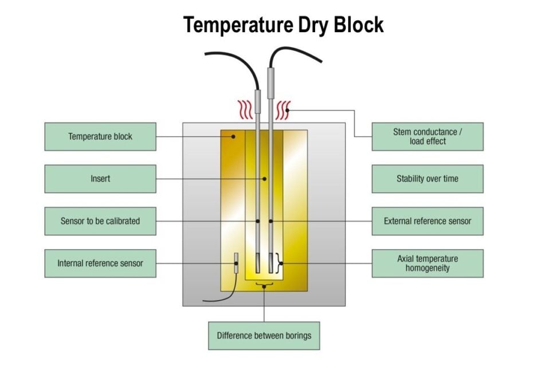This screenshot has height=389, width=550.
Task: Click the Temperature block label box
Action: coord(100,136)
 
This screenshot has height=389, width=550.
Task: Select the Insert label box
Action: coord(100,179)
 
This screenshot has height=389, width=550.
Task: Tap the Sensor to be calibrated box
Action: coord(100,221)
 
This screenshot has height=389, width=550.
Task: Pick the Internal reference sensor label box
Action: coord(100,264)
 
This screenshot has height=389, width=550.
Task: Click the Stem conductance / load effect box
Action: coord(427,136)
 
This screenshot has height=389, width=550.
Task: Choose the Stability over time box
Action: coord(427,179)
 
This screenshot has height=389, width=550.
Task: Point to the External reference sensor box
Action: coord(427,221)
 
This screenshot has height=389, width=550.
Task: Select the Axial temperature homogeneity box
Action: coord(427,264)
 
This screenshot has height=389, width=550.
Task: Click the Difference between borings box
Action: coord(264,336)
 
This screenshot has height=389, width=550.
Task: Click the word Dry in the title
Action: coord(313,25)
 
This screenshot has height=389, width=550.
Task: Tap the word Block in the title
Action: coord(359,25)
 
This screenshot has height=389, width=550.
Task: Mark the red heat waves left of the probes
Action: coord(245,110)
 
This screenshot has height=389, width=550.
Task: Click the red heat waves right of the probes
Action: coord(283,110)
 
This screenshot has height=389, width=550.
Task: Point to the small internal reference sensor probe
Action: coord(236,263)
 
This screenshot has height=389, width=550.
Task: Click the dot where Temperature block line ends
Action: coord(233,136)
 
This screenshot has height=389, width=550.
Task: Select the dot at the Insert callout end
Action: coord(265,179)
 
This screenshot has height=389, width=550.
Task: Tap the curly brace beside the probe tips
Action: coord(280,263)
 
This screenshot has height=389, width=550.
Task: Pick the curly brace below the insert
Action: coord(264,285)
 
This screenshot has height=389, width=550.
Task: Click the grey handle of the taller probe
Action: coord(271,83)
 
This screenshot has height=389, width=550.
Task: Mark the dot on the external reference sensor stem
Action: coord(271,221)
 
